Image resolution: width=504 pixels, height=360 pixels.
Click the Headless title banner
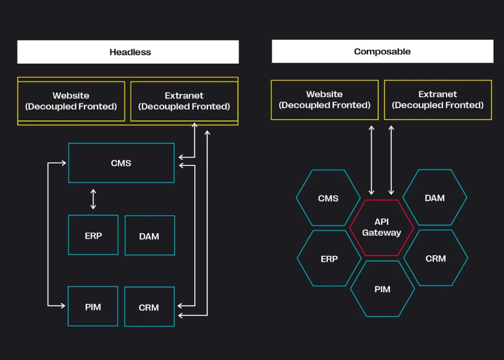[128, 52]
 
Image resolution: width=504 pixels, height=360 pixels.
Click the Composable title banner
[382, 52]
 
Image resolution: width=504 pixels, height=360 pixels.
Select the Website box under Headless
[71, 101]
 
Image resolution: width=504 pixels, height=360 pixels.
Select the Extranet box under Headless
[184, 101]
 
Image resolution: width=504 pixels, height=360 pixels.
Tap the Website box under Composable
[324, 100]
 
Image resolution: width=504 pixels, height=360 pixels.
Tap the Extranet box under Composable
[438, 100]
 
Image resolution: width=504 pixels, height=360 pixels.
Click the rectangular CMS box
[121, 163]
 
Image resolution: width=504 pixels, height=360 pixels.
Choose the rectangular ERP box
[93, 235]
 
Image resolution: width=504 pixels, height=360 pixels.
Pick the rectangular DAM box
[150, 236]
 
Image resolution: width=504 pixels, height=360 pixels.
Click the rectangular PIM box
[93, 306]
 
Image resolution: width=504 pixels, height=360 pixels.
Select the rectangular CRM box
[149, 307]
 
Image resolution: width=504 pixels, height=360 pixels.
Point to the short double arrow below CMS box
[93, 199]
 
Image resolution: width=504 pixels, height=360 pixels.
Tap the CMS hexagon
[328, 198]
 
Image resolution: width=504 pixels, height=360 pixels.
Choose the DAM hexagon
[435, 198]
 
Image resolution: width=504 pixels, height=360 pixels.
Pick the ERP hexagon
[329, 259]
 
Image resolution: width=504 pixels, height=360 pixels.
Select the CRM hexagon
[436, 258]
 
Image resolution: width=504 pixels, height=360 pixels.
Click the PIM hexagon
[382, 289]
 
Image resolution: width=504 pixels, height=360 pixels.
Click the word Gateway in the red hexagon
[381, 233]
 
